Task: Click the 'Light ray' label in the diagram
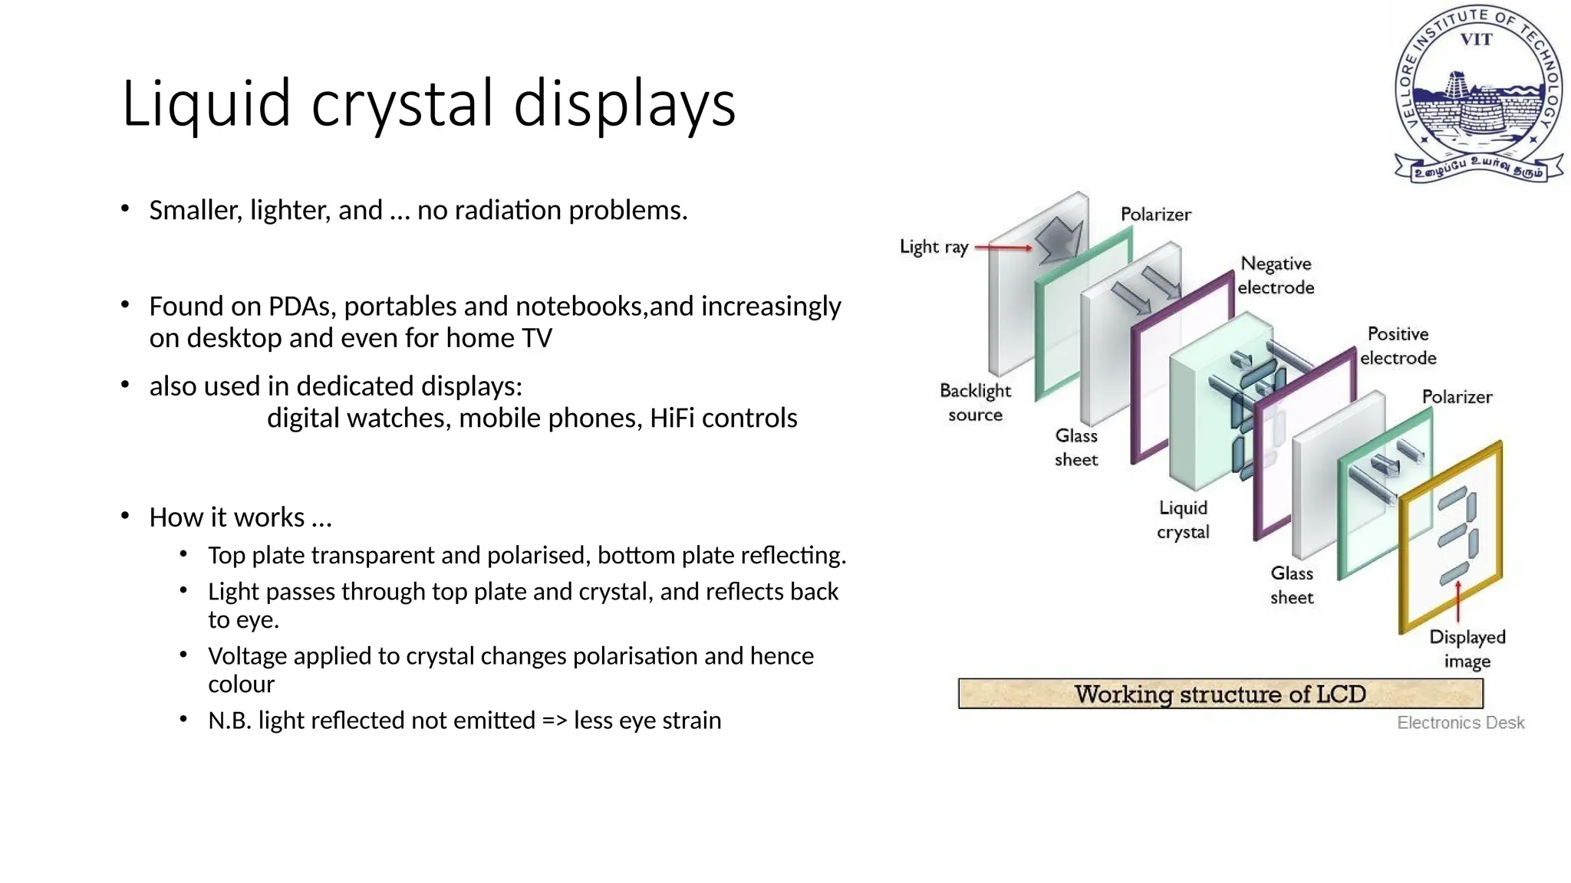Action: [934, 247]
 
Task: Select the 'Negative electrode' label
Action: [1276, 275]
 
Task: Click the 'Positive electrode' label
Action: [1398, 346]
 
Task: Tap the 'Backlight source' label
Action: [975, 402]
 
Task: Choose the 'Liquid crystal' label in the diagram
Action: [1183, 520]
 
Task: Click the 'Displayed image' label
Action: [1467, 648]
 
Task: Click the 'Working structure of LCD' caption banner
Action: [1220, 694]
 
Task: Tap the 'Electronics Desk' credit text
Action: [1460, 723]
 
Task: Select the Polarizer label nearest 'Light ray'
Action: [1155, 215]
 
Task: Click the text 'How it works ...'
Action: [240, 517]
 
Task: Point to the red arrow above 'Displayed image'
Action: [1458, 602]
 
